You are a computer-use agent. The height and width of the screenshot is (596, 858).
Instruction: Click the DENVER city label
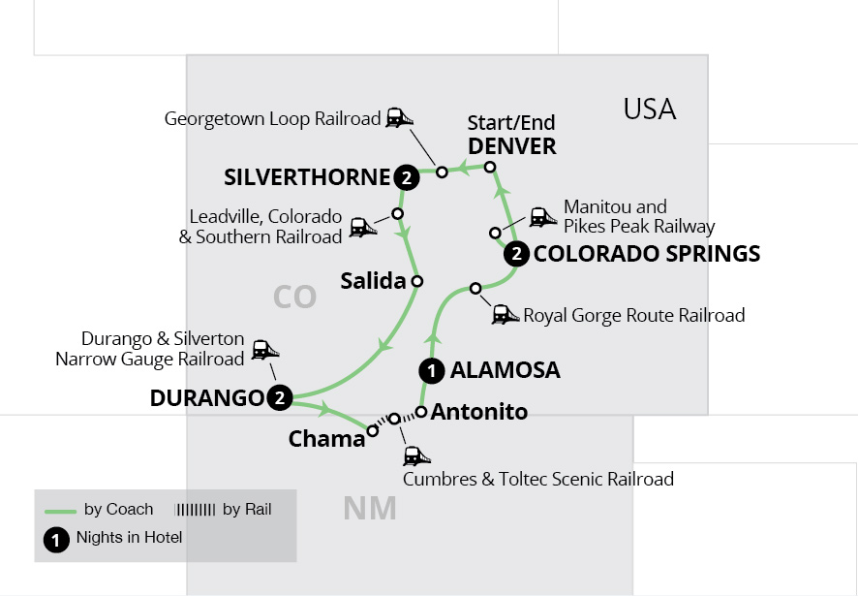tap(512, 146)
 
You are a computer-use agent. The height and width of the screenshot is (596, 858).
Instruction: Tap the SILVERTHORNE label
tap(307, 177)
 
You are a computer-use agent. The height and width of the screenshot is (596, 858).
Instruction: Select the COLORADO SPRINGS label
tap(647, 255)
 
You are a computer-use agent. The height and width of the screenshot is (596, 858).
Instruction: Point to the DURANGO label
tap(207, 397)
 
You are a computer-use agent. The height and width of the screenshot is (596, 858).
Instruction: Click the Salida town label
tap(372, 282)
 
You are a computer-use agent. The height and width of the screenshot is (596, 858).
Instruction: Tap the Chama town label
tap(326, 439)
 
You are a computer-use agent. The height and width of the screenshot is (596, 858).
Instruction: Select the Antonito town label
tap(479, 412)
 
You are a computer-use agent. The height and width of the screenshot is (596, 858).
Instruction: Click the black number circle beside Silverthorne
tap(407, 177)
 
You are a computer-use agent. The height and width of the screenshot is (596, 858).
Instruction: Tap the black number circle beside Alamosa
tap(430, 370)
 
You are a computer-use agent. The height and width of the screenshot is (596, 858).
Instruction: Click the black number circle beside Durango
tap(280, 397)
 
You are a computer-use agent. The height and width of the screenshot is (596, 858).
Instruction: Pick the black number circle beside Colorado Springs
tap(516, 255)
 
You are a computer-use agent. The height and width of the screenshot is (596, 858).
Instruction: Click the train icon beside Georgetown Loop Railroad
tap(399, 117)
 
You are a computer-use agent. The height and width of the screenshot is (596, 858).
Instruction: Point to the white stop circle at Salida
tap(417, 282)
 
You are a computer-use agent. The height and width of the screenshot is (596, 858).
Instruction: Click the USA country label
tap(650, 110)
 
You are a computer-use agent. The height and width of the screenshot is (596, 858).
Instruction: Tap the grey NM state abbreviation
tap(370, 508)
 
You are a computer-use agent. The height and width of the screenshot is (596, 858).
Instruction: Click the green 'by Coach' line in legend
tap(62, 510)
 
